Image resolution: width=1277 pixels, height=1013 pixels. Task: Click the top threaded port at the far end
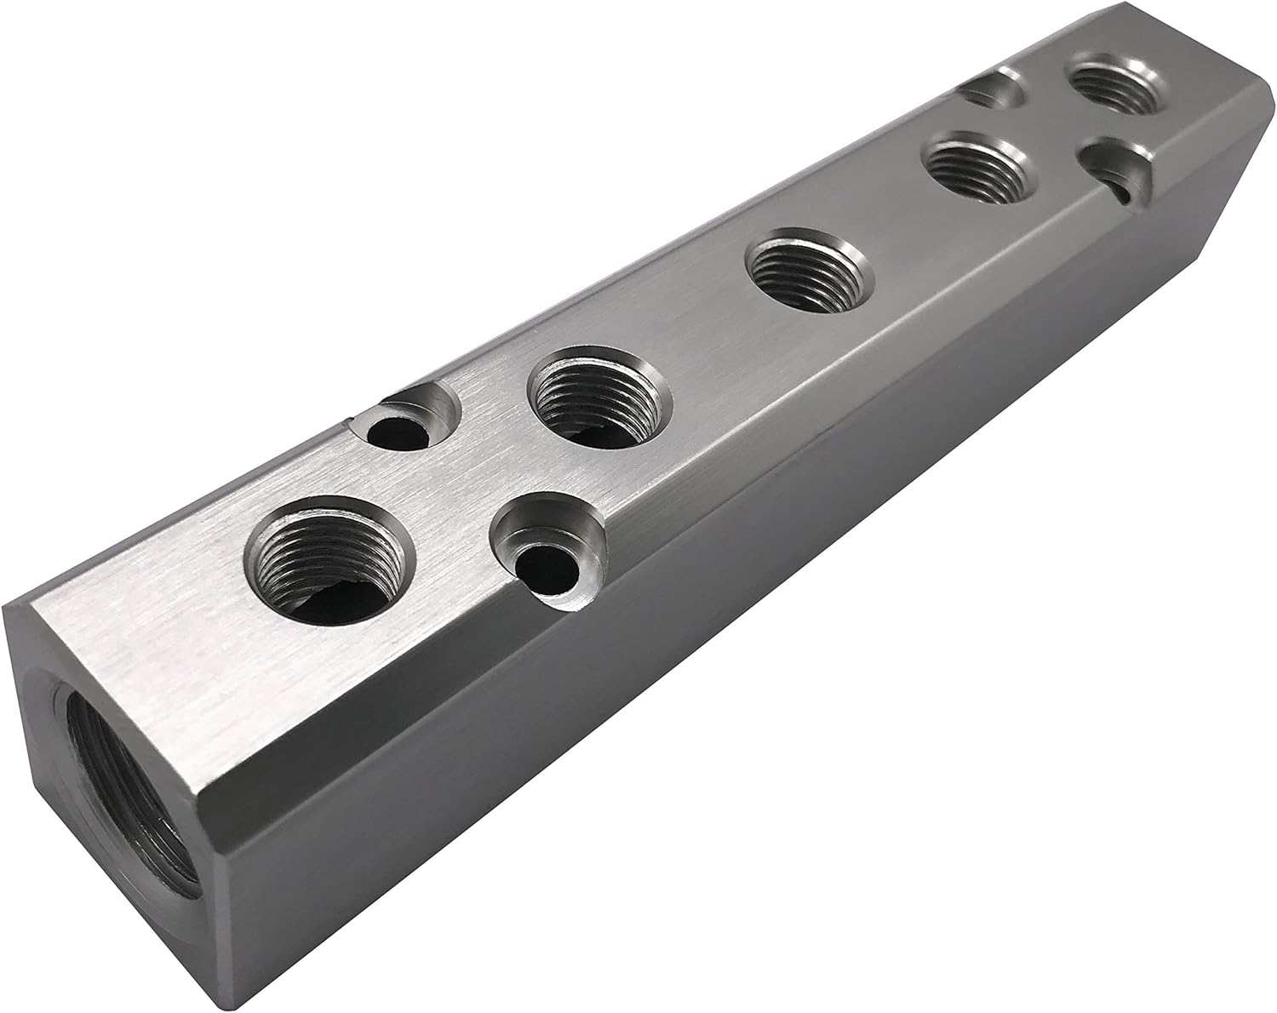pos(1116,86)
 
